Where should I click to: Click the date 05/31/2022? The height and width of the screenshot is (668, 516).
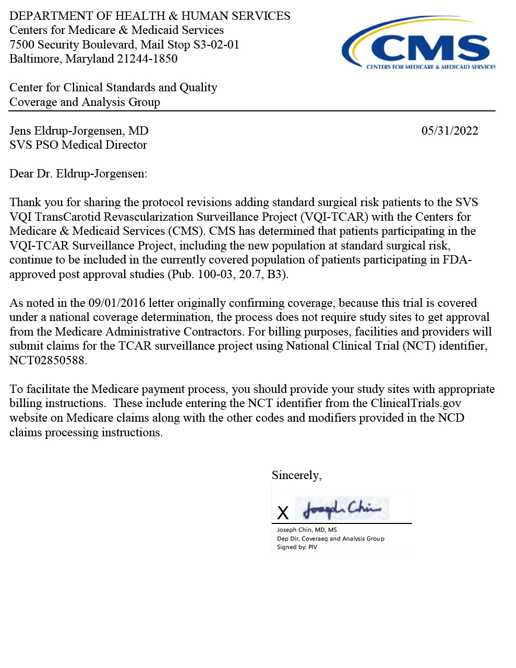click(450, 130)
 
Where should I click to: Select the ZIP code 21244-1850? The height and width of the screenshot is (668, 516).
click(147, 59)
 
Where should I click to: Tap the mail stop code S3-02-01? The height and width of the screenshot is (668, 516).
click(216, 44)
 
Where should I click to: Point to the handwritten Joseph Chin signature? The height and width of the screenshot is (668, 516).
click(342, 508)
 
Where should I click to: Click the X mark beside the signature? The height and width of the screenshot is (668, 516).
click(283, 513)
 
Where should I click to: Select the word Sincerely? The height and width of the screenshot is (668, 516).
click(296, 475)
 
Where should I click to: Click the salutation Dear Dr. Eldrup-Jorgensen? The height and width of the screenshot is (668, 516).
click(78, 174)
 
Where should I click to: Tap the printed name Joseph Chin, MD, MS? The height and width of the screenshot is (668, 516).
click(307, 530)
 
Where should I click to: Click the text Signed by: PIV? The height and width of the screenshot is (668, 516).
click(297, 547)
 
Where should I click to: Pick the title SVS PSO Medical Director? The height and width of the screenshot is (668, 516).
click(78, 145)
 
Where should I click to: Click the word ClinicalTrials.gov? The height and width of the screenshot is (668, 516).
click(416, 403)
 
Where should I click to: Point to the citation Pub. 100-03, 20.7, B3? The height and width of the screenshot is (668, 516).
click(227, 275)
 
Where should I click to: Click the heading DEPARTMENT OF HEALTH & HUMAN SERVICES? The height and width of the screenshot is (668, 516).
click(150, 16)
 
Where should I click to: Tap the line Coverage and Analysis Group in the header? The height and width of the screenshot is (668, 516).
click(85, 102)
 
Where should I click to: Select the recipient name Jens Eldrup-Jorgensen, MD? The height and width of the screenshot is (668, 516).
click(79, 130)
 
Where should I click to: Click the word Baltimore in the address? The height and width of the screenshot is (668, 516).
click(34, 59)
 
